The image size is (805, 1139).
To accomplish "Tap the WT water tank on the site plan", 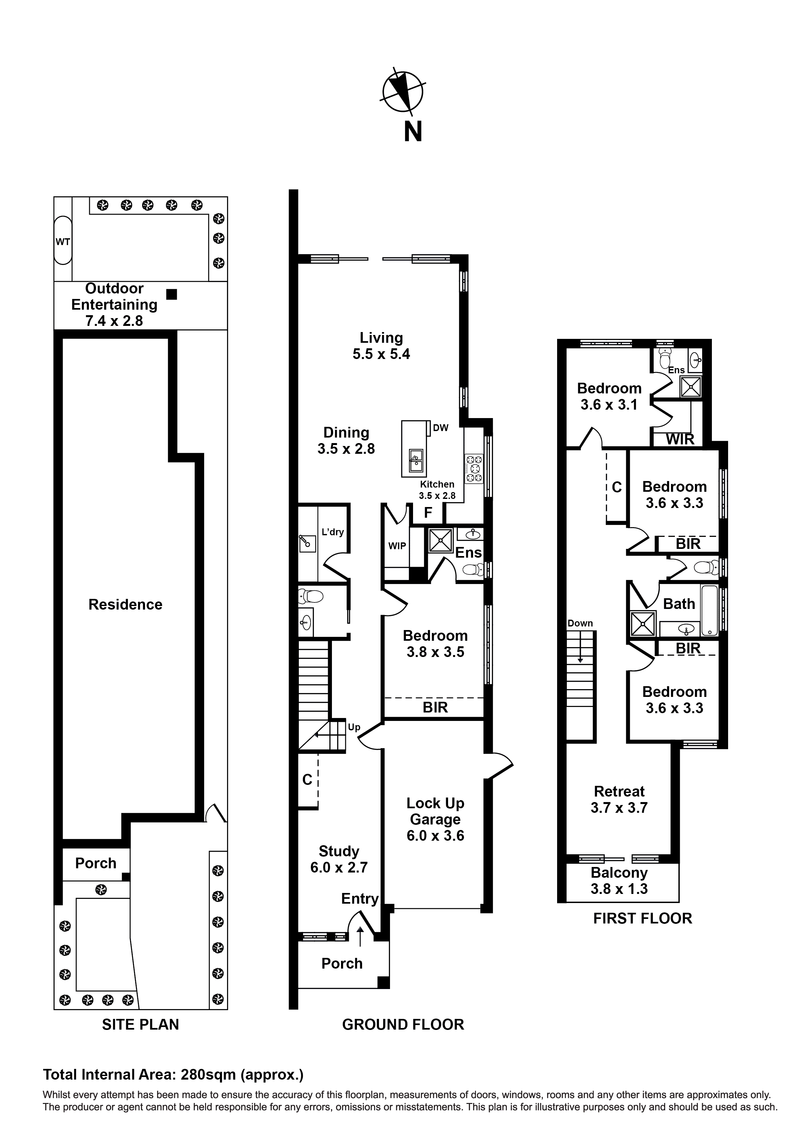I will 63,242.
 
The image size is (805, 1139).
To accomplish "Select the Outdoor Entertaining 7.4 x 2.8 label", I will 114,304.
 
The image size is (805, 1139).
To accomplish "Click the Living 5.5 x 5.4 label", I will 381,346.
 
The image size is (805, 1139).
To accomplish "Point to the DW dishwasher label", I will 440,427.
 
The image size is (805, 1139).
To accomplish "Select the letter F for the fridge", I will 428,513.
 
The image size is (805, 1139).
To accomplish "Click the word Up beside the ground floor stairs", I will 354,727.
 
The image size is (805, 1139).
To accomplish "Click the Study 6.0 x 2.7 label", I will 339,859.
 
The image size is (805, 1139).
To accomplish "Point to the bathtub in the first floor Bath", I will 710,611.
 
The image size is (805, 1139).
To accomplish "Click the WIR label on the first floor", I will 680,439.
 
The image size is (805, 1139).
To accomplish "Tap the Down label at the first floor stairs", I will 580,624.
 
